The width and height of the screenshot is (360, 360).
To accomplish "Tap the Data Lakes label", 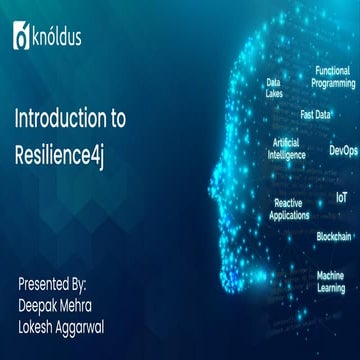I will (273, 88).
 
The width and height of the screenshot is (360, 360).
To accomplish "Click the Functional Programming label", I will (334, 78).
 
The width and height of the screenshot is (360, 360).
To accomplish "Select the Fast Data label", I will (316, 114).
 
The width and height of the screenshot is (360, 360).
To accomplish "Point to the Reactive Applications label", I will (290, 208).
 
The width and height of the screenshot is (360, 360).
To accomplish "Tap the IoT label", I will (341, 198).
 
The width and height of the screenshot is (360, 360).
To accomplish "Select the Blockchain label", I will (334, 236).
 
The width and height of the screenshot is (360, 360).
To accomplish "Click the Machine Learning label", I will (331, 281).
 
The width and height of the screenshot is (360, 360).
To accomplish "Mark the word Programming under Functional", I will (334, 84).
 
